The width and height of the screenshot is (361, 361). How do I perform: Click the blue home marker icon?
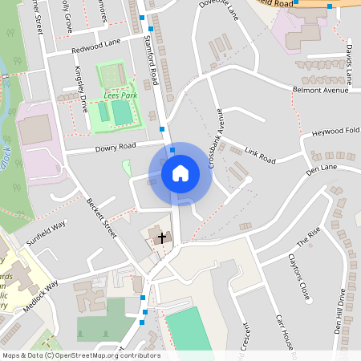[x=180, y=172]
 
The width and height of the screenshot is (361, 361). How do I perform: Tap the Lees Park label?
[x=120, y=95]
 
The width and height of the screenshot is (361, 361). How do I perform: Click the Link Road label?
[x=260, y=156]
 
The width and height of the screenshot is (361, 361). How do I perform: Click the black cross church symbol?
[x=162, y=237]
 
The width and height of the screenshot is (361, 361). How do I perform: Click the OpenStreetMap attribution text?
[x=80, y=355]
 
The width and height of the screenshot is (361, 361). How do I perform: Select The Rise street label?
[x=308, y=235]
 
